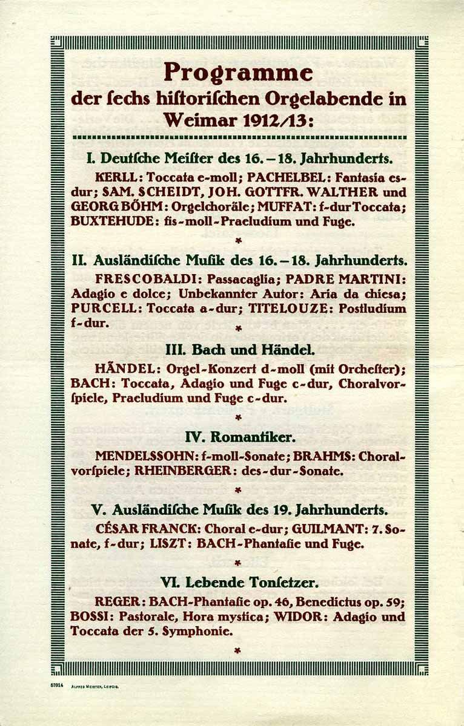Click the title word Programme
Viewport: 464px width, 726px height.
(x=238, y=73)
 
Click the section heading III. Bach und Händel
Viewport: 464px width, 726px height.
(x=239, y=350)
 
